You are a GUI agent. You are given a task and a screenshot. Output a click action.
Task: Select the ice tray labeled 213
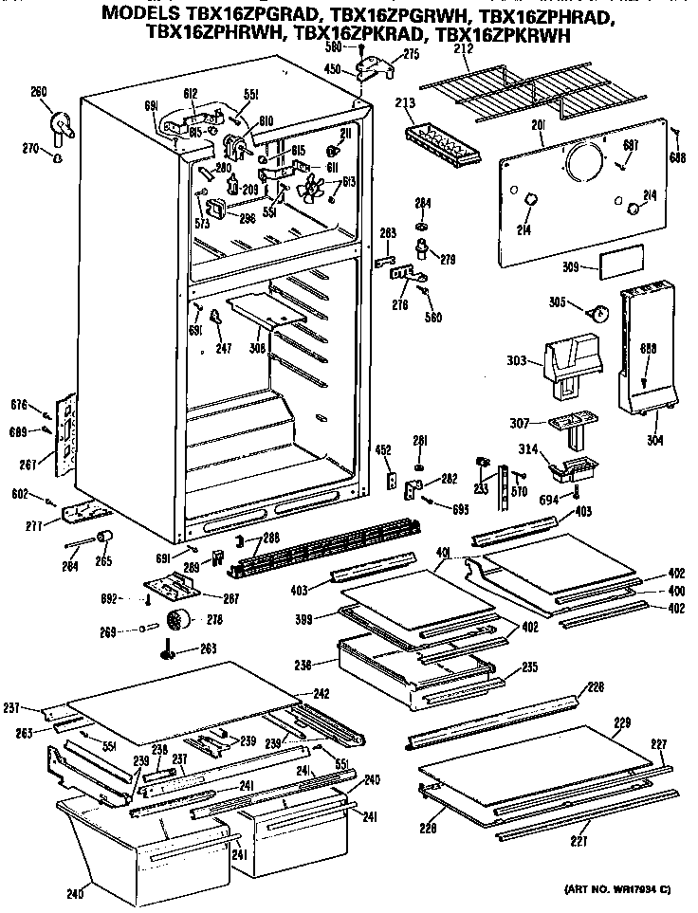pos(440,142)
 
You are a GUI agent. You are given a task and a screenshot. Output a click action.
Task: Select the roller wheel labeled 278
pos(176,621)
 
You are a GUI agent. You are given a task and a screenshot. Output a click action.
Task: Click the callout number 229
pos(621,723)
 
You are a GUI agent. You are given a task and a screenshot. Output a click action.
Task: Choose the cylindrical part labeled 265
pos(103,539)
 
